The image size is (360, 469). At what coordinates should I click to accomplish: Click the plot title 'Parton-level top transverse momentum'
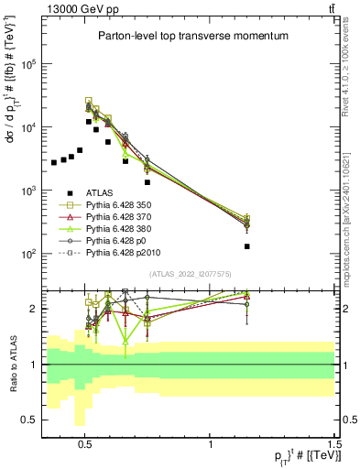tap(193, 36)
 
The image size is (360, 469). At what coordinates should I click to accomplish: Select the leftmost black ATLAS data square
tap(54, 162)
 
